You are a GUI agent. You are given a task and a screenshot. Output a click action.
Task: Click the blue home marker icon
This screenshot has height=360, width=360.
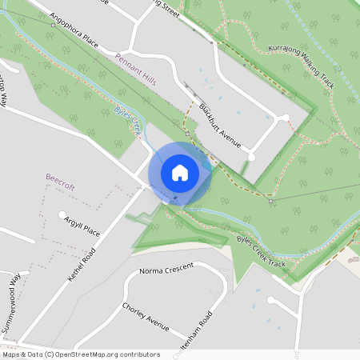[x=180, y=173]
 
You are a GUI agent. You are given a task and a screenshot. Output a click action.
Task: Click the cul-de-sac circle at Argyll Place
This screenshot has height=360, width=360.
[x=62, y=214]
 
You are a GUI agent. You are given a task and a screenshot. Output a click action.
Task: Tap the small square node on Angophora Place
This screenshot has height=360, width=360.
[x=53, y=25]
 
